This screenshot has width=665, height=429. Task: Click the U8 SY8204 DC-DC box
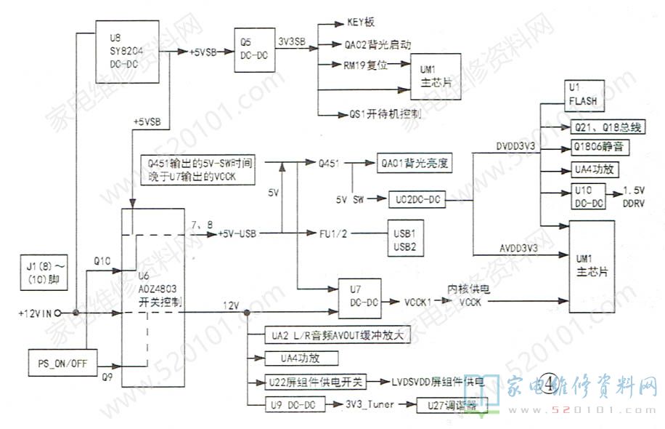click(123, 50)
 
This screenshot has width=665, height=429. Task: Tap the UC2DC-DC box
click(420, 199)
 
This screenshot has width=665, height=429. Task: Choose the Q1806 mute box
click(598, 148)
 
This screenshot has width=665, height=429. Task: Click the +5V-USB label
click(239, 233)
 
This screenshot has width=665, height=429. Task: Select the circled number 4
click(550, 382)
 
